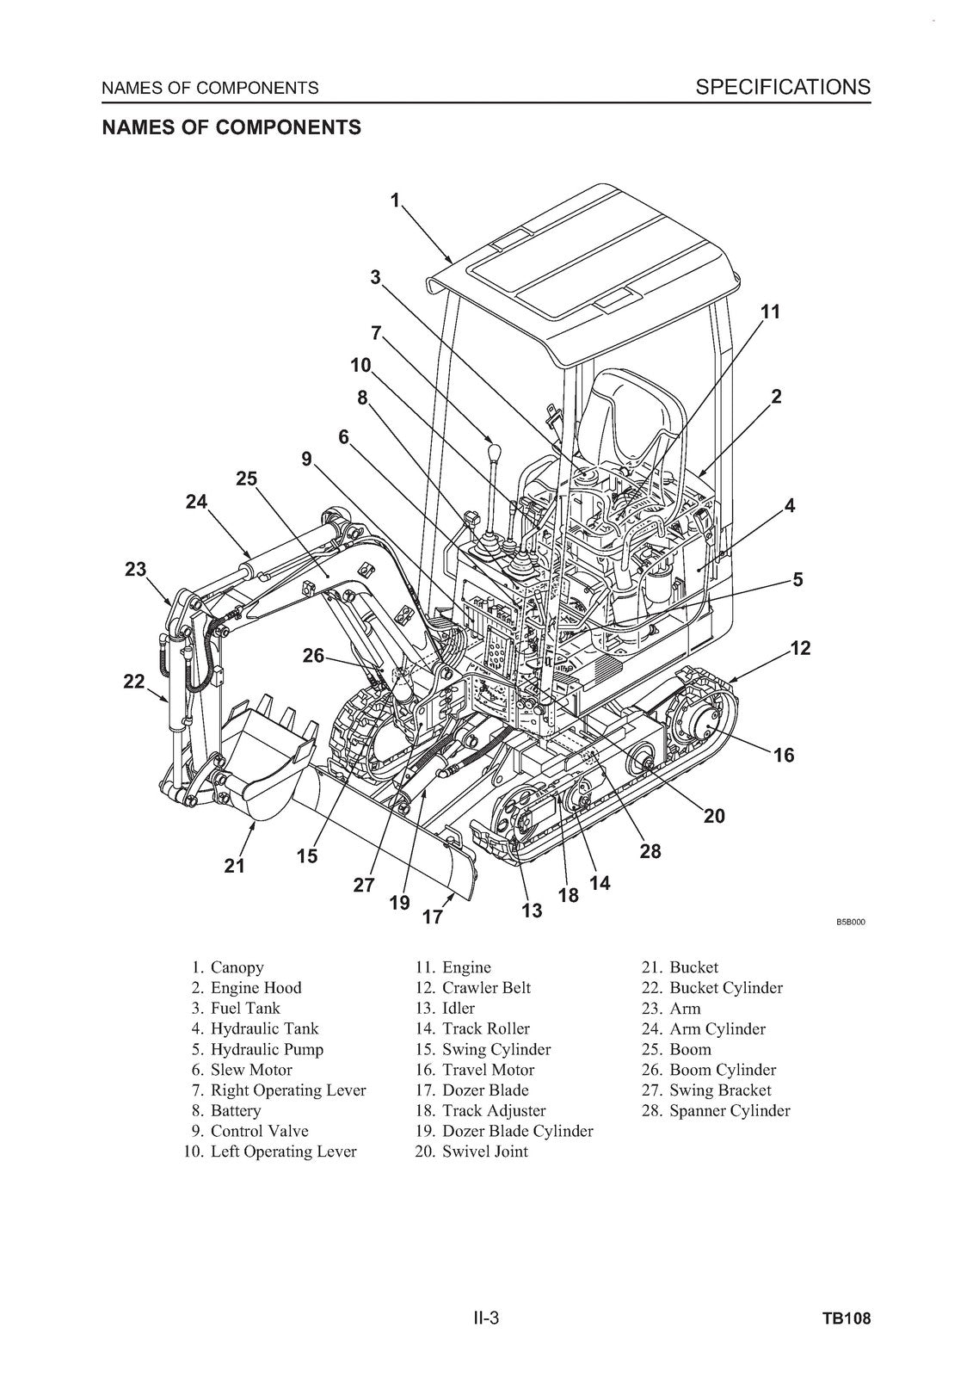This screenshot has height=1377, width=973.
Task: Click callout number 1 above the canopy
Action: click(x=395, y=201)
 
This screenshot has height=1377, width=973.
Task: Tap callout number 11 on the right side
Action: click(x=771, y=312)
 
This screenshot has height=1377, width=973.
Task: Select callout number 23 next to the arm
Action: click(x=136, y=569)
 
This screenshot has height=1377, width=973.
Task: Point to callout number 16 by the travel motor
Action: click(x=784, y=756)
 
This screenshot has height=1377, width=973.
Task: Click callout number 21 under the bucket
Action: click(x=235, y=866)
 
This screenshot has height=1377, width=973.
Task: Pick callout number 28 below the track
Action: click(x=650, y=851)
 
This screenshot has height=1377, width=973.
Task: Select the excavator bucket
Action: click(x=262, y=762)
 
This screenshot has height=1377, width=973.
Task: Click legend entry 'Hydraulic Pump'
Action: click(x=267, y=1049)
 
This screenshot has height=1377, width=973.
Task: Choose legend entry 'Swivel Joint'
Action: click(x=484, y=1152)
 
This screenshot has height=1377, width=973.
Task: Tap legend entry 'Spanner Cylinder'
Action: click(x=729, y=1110)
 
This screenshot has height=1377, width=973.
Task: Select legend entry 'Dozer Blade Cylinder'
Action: click(x=517, y=1131)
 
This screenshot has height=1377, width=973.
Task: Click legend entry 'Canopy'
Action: click(x=237, y=967)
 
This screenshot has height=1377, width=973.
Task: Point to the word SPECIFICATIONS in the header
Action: click(x=783, y=86)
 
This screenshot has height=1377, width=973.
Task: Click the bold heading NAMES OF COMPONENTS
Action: click(x=231, y=127)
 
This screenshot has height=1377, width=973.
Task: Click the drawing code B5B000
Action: click(x=850, y=923)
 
